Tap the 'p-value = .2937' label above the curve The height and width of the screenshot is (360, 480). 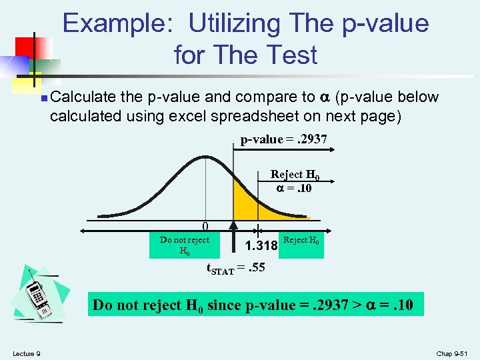(283, 140)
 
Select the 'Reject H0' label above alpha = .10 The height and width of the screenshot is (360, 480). (295, 175)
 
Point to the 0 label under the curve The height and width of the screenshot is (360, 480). (206, 227)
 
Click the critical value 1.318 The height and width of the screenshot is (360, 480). (261, 247)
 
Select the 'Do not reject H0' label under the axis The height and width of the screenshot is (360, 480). (185, 245)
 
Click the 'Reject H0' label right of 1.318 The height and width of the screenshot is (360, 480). (301, 240)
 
